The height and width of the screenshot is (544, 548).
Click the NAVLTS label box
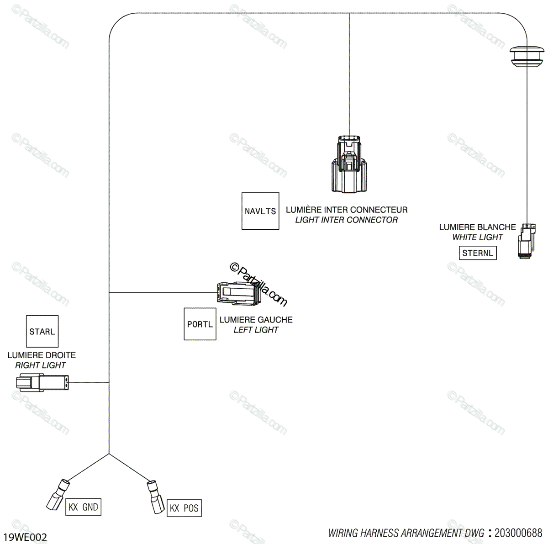[260, 211]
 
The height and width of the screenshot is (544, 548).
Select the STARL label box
[42, 331]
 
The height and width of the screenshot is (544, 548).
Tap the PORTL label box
[200, 324]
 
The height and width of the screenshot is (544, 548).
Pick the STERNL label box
[478, 253]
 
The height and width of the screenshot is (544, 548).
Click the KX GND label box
[83, 507]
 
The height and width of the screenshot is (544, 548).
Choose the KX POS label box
[184, 508]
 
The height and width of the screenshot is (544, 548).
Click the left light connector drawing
[237, 292]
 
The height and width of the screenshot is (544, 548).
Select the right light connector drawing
[42, 382]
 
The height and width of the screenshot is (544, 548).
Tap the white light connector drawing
[526, 241]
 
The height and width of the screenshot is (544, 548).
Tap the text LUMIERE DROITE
[42, 355]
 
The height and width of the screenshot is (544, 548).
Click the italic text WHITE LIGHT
[477, 237]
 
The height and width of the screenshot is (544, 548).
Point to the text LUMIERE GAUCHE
[256, 320]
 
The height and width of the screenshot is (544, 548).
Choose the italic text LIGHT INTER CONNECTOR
[346, 220]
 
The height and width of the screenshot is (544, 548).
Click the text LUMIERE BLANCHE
[477, 227]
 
